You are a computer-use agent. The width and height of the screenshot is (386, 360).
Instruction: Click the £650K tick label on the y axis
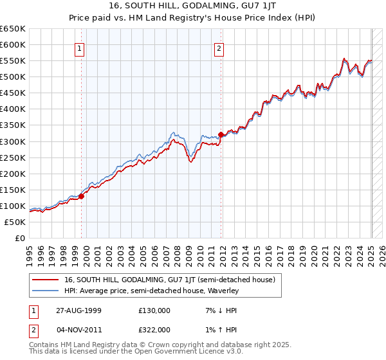click(x=13, y=29)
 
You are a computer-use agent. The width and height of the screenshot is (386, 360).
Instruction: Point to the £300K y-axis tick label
click(x=13, y=141)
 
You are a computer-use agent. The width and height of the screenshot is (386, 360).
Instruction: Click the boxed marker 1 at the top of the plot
click(x=79, y=48)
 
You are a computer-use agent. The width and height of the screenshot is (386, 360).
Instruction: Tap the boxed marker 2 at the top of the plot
click(x=219, y=48)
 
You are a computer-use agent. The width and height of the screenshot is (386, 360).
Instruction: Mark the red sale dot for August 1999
click(x=82, y=196)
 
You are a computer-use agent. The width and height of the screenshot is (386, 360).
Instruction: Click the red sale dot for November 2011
click(x=221, y=134)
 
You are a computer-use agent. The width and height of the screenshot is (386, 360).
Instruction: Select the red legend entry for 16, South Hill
click(x=170, y=280)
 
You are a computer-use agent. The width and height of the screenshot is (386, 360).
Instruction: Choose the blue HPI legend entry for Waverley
click(x=151, y=291)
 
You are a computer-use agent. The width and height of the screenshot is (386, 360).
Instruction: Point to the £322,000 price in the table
click(x=154, y=329)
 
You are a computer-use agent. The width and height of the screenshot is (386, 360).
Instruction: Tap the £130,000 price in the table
click(x=154, y=310)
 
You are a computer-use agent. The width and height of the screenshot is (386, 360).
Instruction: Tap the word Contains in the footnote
click(x=46, y=345)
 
